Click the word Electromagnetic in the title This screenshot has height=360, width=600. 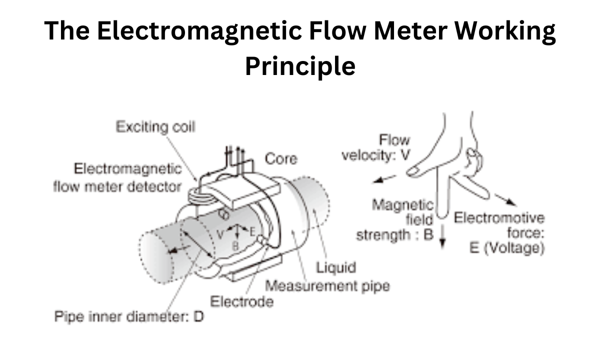click(x=199, y=31)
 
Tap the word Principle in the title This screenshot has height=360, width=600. click(x=300, y=66)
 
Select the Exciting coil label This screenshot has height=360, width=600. click(x=155, y=126)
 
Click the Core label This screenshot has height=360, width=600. click(x=281, y=158)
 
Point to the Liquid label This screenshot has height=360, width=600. click(x=336, y=267)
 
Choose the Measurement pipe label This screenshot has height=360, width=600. click(x=327, y=286)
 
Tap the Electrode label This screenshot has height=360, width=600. click(x=241, y=302)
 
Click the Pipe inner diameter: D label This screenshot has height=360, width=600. click(x=129, y=316)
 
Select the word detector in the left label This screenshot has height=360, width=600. click(x=154, y=186)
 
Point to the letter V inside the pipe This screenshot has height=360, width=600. click(x=220, y=234)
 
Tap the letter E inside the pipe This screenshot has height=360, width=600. click(x=252, y=232)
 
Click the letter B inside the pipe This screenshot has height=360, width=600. click(x=235, y=246)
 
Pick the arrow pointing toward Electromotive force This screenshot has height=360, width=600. click(x=505, y=200)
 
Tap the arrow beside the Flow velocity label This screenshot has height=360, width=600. click(x=384, y=179)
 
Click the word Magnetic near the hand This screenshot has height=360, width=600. click(x=402, y=205)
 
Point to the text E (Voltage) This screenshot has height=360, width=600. click(x=507, y=248)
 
